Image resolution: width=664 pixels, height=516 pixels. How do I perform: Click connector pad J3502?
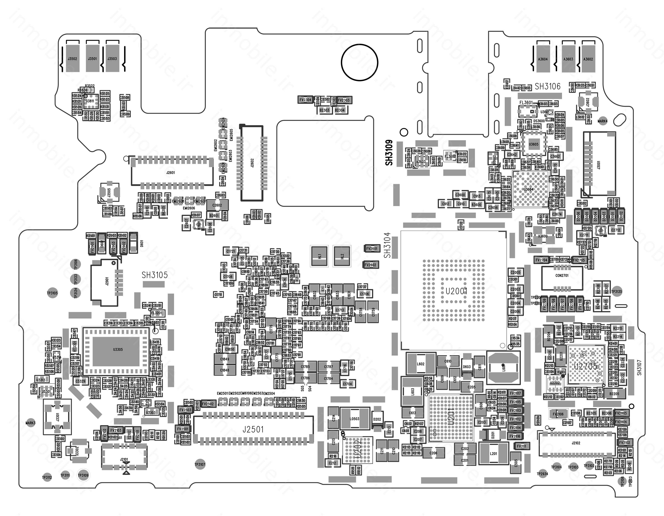point(72,59)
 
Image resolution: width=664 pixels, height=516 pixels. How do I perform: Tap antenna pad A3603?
point(568,59)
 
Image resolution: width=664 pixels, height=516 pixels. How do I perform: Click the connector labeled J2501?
point(253,429)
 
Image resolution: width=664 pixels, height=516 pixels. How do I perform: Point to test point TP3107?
point(200,464)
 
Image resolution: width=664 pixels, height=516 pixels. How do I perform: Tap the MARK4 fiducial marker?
point(602,121)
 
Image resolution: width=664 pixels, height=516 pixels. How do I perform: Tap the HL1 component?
point(319,256)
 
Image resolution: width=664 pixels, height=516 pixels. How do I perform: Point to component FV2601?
point(371,248)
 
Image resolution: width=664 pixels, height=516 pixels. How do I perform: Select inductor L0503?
point(355,419)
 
